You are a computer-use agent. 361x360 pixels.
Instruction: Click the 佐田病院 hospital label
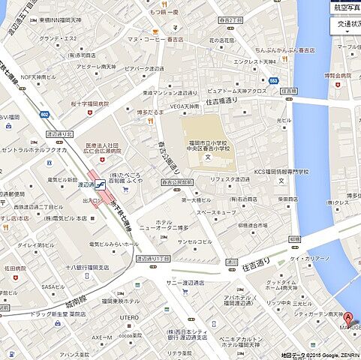15,268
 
